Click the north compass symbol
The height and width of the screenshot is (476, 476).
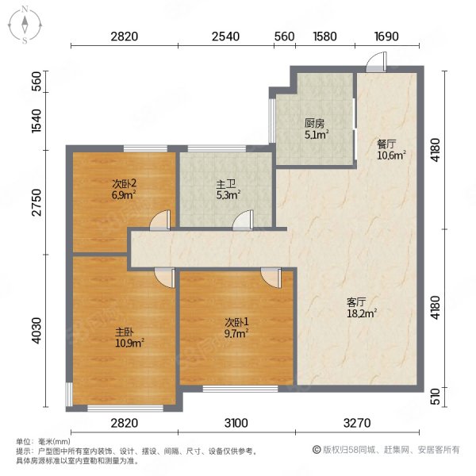coord(25,25)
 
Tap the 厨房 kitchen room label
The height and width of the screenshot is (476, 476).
coord(315,123)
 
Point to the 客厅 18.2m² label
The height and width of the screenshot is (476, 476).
coord(362,308)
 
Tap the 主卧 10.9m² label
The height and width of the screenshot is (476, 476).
coord(129,338)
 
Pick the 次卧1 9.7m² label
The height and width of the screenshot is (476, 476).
coord(236,328)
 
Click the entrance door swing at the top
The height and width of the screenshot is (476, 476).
coord(376,62)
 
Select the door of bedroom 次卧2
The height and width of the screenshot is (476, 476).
coord(160,220)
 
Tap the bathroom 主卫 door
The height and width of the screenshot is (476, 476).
coord(243,221)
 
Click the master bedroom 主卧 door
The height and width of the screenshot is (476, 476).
coord(164,278)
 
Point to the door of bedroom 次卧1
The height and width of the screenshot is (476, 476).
coord(271,278)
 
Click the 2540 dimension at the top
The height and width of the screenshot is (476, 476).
coord(225,36)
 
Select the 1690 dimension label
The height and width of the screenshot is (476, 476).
coord(386,36)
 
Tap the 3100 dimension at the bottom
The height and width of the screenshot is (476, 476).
coord(236,423)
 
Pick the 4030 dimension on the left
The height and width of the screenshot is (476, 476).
coord(36,331)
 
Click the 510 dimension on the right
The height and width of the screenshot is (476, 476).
coord(436,397)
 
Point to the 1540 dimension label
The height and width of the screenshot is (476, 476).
coord(36,121)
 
